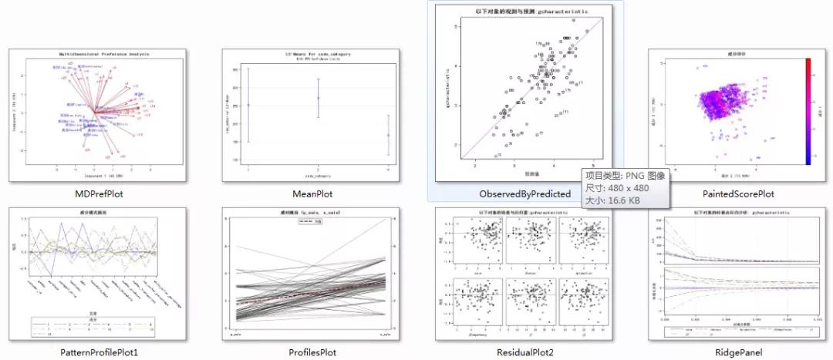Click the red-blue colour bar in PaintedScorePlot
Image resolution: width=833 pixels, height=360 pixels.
pos(807,111)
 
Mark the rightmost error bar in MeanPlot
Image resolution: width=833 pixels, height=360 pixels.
pos(388,136)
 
